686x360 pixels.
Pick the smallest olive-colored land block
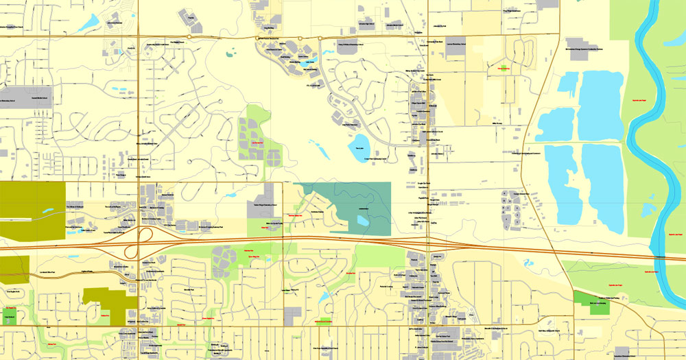coord(14,269)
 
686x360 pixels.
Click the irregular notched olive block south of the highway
coord(110,302)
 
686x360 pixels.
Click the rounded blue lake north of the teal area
coord(359,145)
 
